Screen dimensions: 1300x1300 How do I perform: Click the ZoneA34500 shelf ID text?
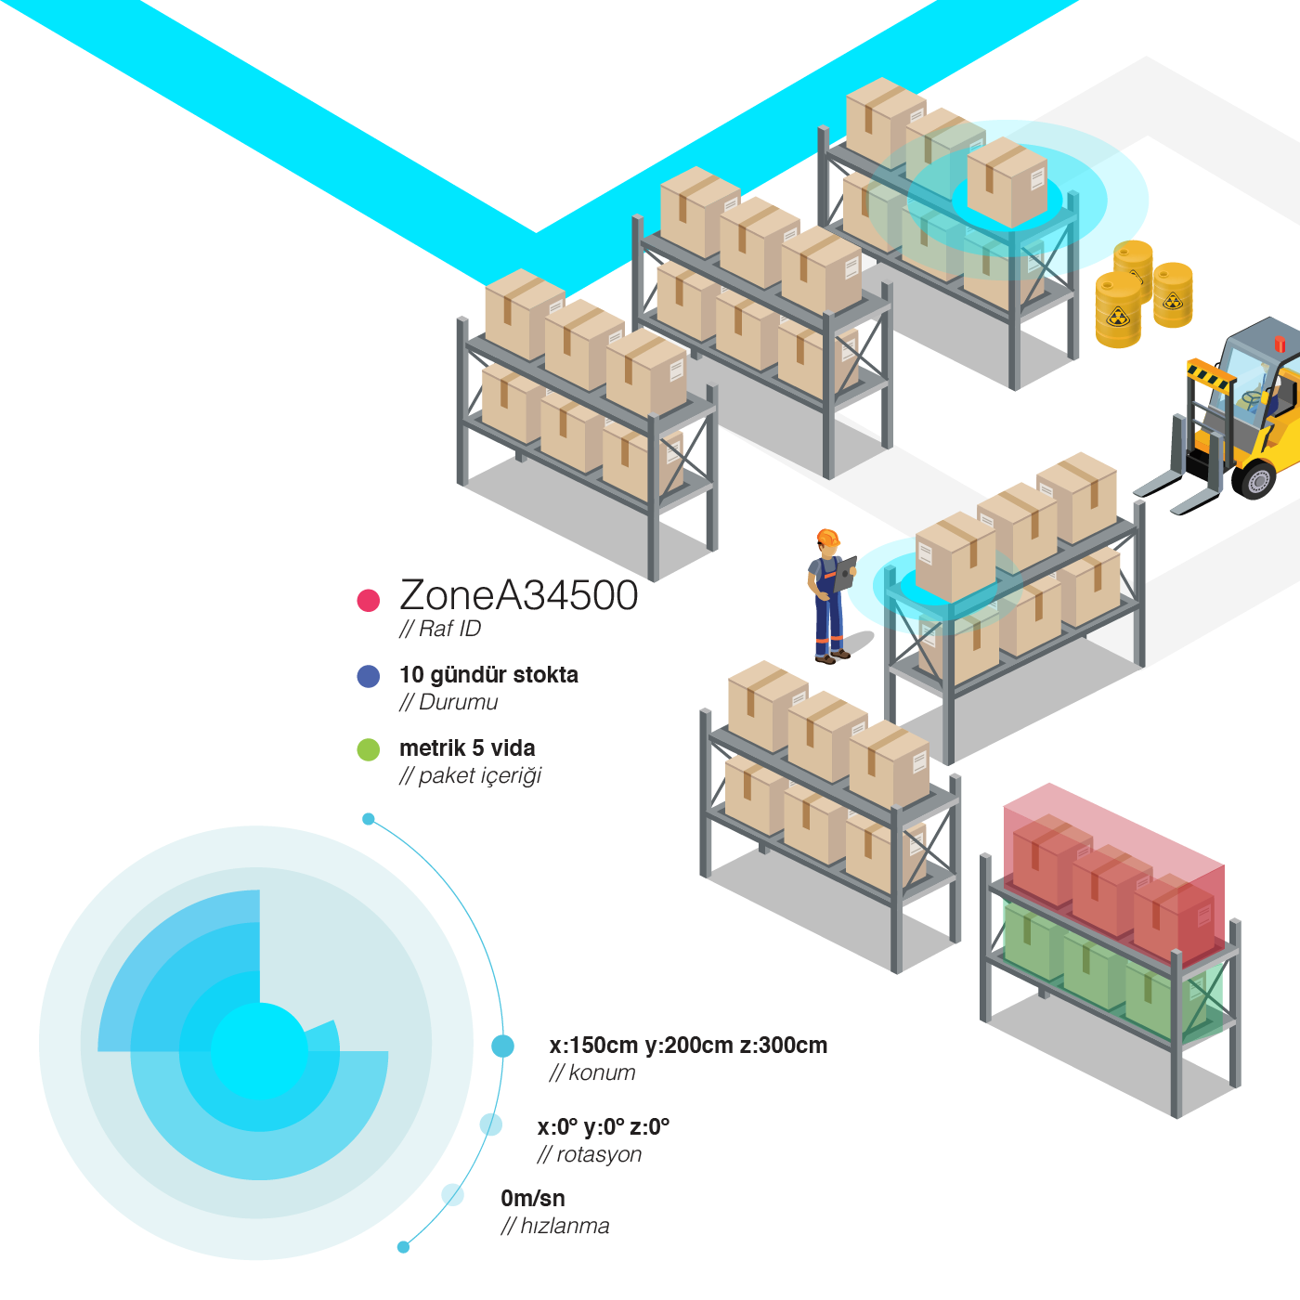click(x=518, y=596)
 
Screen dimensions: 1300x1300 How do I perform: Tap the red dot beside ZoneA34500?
click(x=369, y=600)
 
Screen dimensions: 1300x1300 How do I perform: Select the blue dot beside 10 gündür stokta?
click(x=369, y=676)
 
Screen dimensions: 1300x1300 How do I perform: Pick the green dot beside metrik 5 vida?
click(x=369, y=749)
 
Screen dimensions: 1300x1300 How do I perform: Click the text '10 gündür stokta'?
click(x=488, y=675)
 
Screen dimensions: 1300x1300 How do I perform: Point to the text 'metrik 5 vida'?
click(x=467, y=748)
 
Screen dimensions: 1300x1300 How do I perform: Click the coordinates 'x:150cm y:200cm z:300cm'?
click(x=688, y=1046)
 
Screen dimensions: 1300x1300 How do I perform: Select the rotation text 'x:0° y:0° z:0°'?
click(x=604, y=1127)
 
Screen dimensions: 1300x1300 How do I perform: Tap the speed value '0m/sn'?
click(x=533, y=1199)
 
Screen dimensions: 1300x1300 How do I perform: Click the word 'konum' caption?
click(x=602, y=1073)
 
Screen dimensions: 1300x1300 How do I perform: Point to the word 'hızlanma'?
click(x=565, y=1227)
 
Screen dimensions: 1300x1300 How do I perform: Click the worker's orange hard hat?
click(x=827, y=538)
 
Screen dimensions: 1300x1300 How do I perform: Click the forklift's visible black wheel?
click(x=1256, y=480)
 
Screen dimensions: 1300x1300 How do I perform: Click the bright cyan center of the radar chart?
click(x=259, y=1051)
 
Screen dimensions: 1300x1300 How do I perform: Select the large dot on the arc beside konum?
click(x=502, y=1046)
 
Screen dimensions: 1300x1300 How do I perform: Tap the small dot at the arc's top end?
click(x=369, y=819)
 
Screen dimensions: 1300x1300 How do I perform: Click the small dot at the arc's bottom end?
click(x=403, y=1247)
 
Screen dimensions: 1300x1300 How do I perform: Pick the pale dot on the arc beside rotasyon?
click(x=490, y=1124)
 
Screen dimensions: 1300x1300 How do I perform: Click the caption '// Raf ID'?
click(x=440, y=630)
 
